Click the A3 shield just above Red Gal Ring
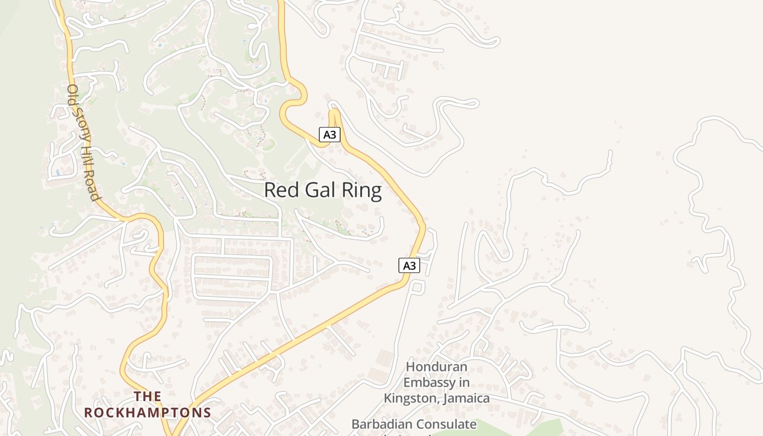pos(329,135)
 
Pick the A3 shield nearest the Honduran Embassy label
pos(409,265)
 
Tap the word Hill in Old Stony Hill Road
pos(87,158)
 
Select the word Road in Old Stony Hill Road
pos(93,185)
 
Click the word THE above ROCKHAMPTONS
pos(148,396)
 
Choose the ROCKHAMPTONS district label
pos(148,412)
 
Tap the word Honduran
pos(437,366)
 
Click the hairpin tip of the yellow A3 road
pos(334,111)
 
